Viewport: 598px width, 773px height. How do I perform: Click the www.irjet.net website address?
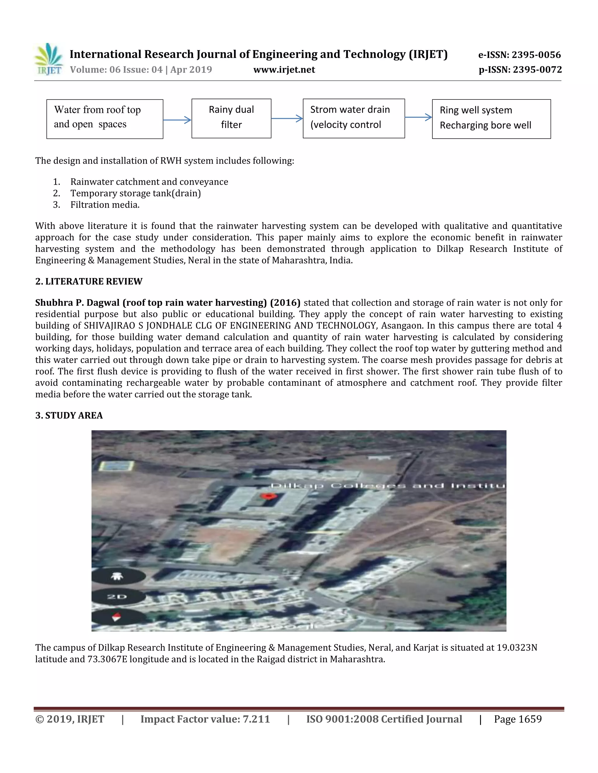coord(284,70)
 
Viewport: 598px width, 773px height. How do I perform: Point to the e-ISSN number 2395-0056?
coord(520,55)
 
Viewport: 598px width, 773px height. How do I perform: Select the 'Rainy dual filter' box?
coord(231,118)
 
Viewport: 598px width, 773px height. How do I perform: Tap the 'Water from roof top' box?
coord(105,119)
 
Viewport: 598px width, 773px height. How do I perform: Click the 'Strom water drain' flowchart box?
coord(354,118)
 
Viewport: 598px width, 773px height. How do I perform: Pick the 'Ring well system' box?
coord(491,119)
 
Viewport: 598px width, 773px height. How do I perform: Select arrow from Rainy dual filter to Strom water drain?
coord(287,118)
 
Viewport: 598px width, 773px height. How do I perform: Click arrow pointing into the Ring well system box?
coord(418,117)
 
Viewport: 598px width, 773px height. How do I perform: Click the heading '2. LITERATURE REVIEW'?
coord(88,281)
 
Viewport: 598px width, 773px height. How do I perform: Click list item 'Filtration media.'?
coord(105,205)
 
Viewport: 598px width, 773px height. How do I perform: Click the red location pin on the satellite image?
coord(268,496)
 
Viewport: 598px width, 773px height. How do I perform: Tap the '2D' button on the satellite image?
coord(117,597)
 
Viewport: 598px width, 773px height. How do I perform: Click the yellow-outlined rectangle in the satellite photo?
coord(116,466)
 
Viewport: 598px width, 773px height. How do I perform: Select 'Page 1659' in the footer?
coord(518,719)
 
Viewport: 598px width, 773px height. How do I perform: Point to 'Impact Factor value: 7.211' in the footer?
coord(205,719)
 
